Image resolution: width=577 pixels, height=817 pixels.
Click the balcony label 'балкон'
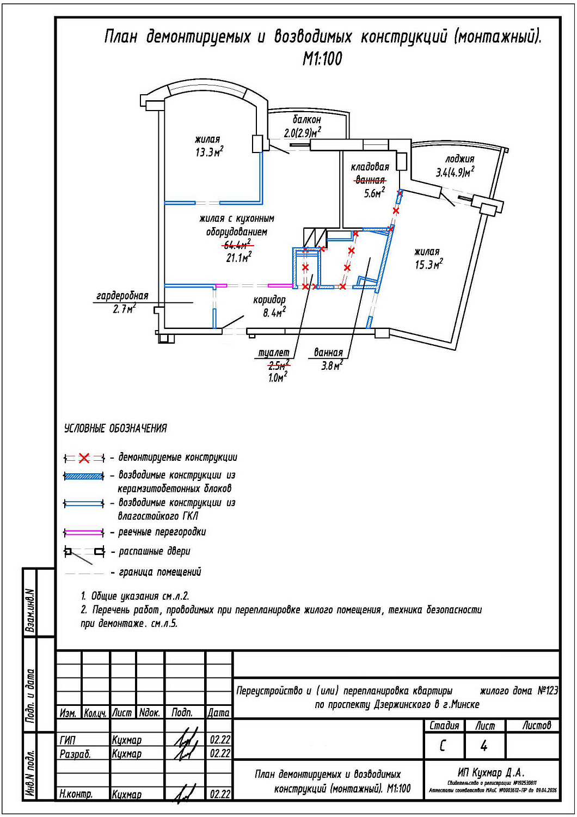pyautogui.click(x=306, y=119)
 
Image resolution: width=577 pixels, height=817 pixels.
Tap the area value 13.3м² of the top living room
pyautogui.click(x=209, y=153)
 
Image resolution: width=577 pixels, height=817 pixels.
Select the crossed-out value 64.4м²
pyautogui.click(x=237, y=245)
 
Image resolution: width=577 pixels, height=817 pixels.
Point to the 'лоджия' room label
pyautogui.click(x=459, y=159)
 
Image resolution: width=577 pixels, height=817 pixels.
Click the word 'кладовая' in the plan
pyautogui.click(x=370, y=167)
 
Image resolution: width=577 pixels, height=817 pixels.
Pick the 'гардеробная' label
pyautogui.click(x=122, y=296)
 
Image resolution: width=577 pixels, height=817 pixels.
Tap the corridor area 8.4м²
pyautogui.click(x=274, y=313)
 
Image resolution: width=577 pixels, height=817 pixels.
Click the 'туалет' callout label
pyautogui.click(x=273, y=353)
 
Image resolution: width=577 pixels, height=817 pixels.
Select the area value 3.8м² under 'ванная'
pyautogui.click(x=331, y=365)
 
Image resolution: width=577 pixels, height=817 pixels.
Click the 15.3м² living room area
pyautogui.click(x=428, y=265)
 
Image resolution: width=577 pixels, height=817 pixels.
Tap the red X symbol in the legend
pyautogui.click(x=84, y=458)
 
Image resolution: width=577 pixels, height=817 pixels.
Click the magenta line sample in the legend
pyautogui.click(x=84, y=532)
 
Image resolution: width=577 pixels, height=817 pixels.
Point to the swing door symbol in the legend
pyautogui.click(x=84, y=552)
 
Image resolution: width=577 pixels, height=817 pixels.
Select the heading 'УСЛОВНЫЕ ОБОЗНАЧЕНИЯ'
pyautogui.click(x=115, y=429)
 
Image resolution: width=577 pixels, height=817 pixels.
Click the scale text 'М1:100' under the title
pyautogui.click(x=322, y=59)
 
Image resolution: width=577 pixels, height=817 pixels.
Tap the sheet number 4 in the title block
pyautogui.click(x=484, y=746)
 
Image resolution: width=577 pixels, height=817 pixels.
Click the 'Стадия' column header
pyautogui.click(x=444, y=725)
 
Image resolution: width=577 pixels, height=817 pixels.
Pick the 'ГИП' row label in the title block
pyautogui.click(x=67, y=740)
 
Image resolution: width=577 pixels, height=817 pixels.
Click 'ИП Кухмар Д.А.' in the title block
pyautogui.click(x=491, y=772)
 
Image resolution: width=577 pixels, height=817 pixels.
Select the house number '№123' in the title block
pyautogui.click(x=547, y=691)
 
